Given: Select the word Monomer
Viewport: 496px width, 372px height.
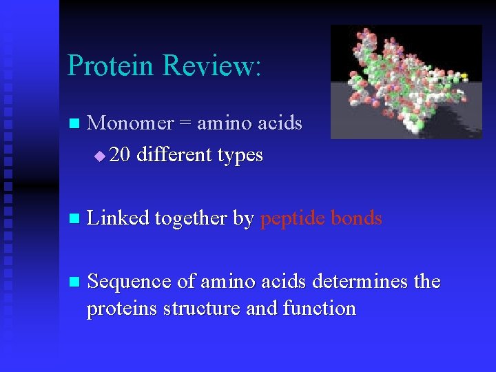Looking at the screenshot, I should [x=131, y=123].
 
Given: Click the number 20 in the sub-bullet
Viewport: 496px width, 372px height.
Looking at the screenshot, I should [x=120, y=155].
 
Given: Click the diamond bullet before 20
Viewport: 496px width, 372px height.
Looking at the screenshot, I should [x=100, y=156].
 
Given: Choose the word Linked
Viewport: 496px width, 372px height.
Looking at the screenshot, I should [x=118, y=218].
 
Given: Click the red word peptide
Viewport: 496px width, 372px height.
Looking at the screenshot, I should [x=293, y=219].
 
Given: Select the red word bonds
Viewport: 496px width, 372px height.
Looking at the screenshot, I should [x=356, y=218].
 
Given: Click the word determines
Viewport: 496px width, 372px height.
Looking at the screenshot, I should [x=362, y=282].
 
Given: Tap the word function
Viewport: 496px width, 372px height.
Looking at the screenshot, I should [x=319, y=309].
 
